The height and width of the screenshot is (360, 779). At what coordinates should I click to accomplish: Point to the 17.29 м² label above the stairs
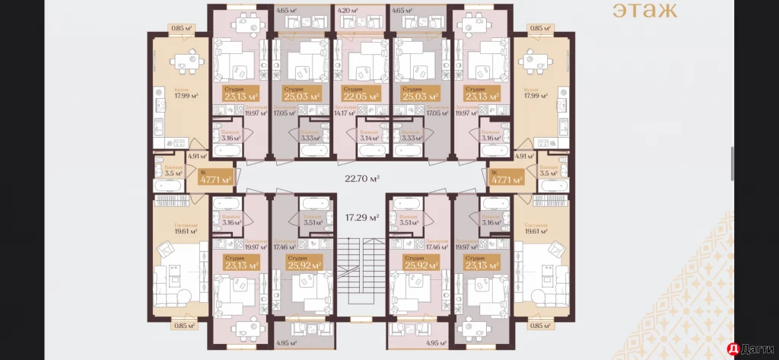pyautogui.click(x=361, y=218)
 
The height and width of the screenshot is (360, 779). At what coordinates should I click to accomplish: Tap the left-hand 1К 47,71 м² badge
pyautogui.click(x=215, y=180)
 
